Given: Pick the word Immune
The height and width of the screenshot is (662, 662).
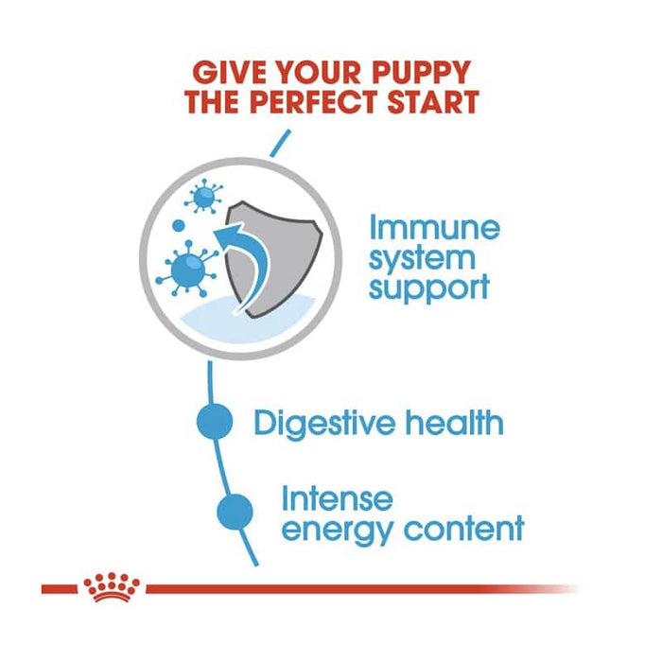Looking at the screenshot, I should [x=433, y=228].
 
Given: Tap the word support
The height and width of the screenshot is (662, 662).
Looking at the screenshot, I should [x=429, y=286].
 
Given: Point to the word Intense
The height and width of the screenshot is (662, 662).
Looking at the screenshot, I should [x=337, y=497].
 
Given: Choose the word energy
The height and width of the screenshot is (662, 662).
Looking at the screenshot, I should [x=338, y=528].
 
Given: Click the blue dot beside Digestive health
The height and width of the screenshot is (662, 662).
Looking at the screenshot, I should [x=216, y=422].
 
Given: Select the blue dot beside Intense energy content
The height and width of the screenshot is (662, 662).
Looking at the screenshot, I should [x=235, y=511].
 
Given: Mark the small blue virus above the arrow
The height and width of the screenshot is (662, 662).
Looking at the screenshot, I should [x=202, y=197].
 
